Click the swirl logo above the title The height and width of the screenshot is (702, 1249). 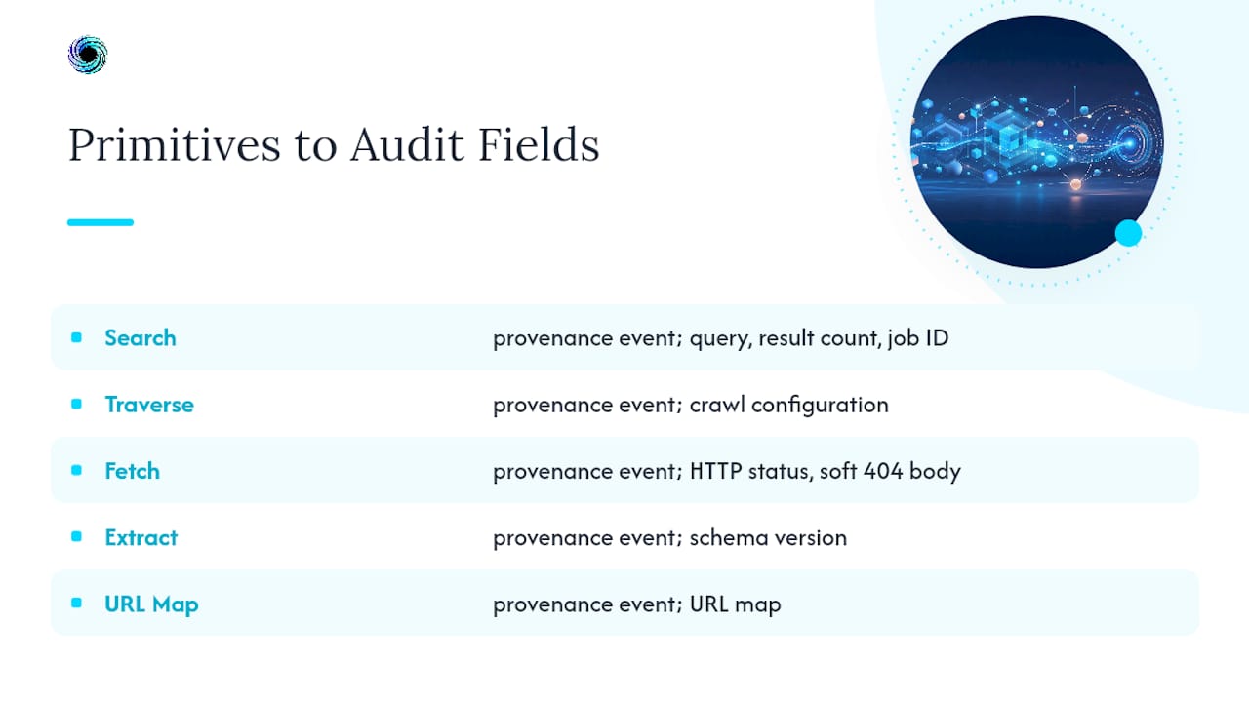pos(88,55)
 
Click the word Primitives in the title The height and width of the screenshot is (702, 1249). pos(175,145)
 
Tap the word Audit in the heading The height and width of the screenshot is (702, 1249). pos(407,145)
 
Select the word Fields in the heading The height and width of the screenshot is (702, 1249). pos(539,145)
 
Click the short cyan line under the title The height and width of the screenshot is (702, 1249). pos(101,222)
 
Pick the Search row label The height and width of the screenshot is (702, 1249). pos(141,338)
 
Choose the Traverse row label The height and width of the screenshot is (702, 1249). pos(149,405)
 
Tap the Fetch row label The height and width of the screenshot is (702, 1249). pos(132,471)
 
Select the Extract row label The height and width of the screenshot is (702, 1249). pos(141,537)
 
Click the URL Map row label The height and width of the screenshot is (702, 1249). pos(151,604)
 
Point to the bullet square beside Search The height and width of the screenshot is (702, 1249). pos(76,337)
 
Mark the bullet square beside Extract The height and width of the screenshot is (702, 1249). pos(76,536)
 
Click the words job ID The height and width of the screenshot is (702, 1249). pos(918,338)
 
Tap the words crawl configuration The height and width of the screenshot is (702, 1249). pos(789,405)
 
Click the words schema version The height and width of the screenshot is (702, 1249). pos(768,538)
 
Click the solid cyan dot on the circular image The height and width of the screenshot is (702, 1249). pos(1129,233)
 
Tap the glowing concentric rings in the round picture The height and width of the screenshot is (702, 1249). pos(1131,143)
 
